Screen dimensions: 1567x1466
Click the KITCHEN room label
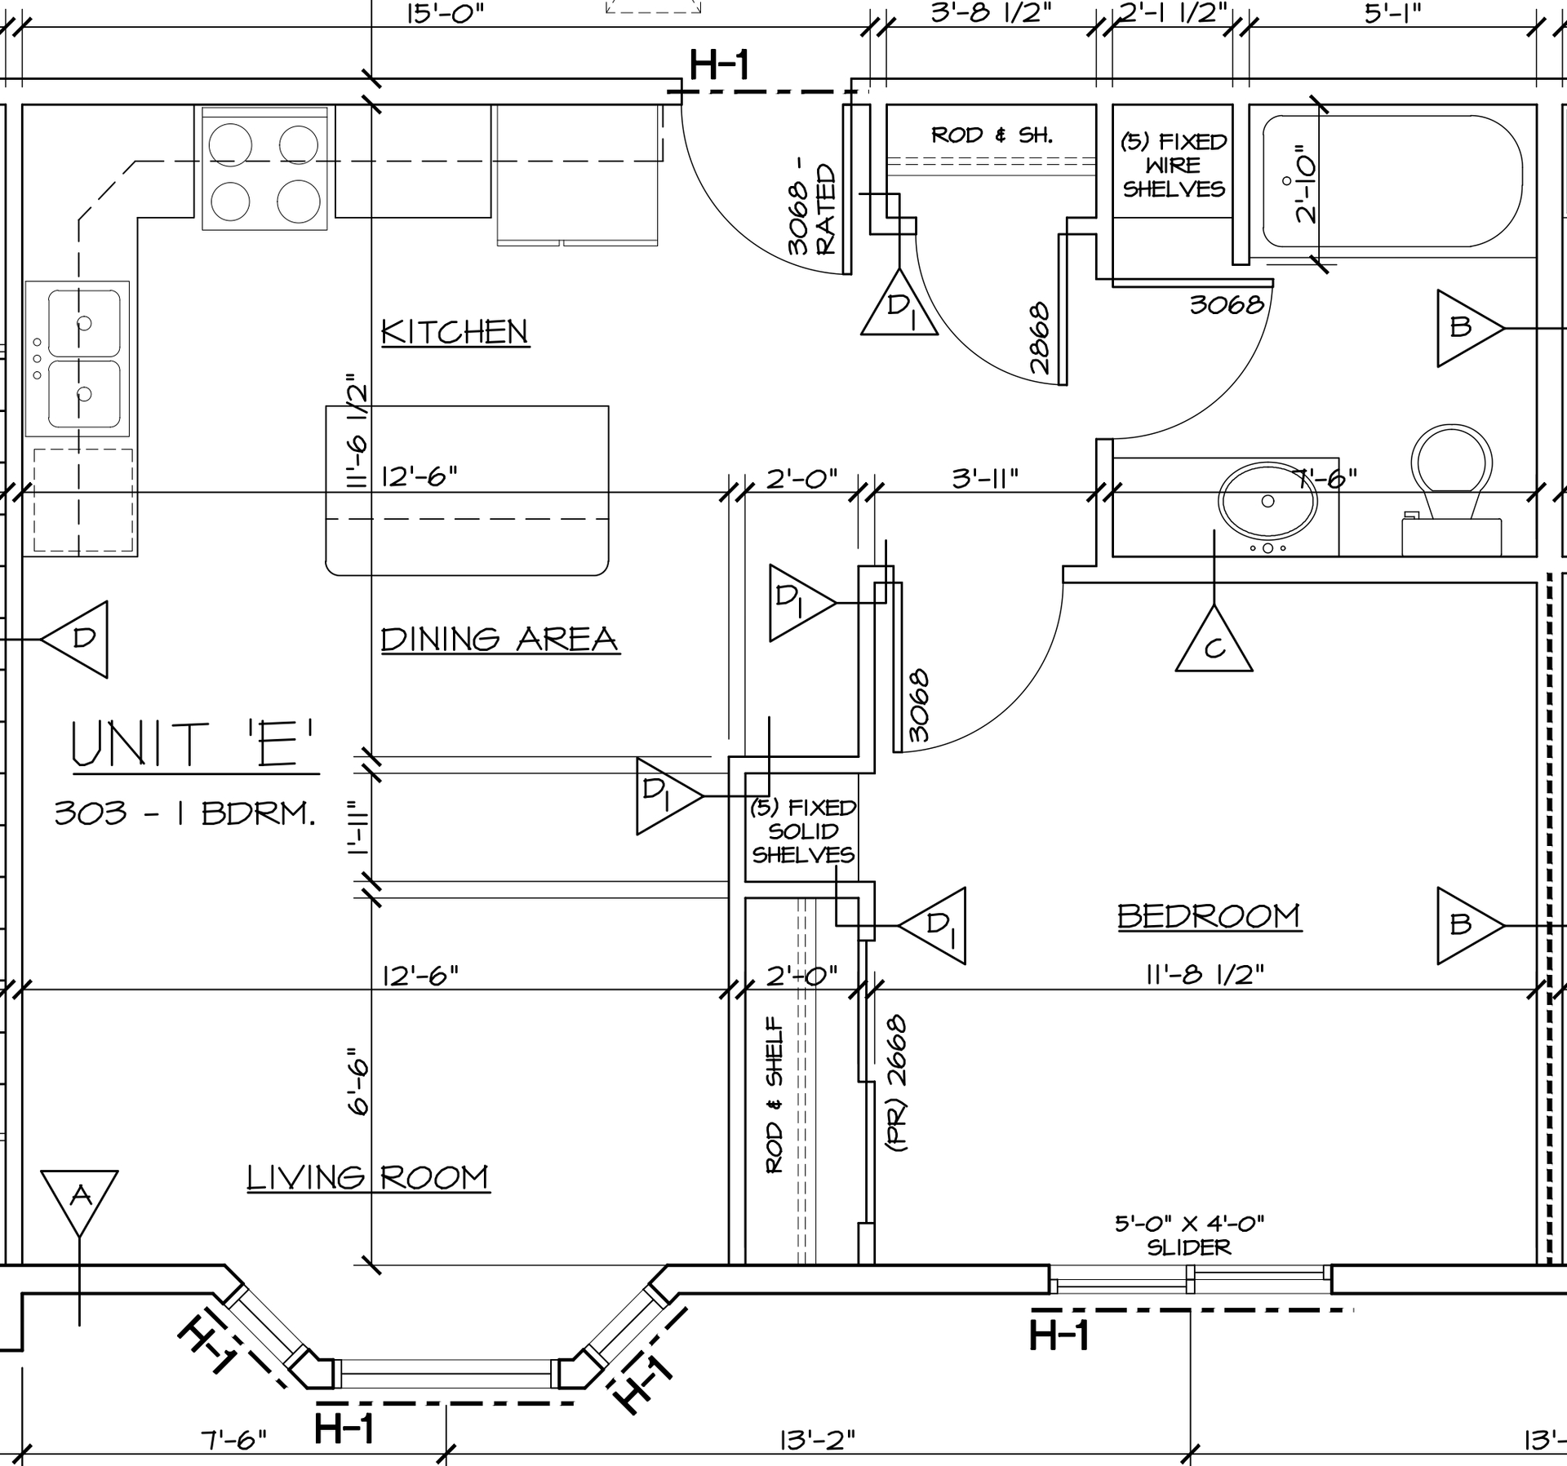tap(455, 332)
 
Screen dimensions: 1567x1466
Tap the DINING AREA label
tap(500, 639)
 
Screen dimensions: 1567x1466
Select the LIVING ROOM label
tap(368, 1177)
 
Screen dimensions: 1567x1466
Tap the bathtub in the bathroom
tap(1392, 181)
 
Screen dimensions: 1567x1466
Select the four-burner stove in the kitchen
tap(265, 167)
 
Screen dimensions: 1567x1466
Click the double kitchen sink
tap(78, 358)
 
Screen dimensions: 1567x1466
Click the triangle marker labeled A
tap(79, 1203)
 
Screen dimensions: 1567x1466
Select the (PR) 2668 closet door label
tap(896, 1083)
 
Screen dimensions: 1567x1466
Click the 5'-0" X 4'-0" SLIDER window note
tap(1189, 1235)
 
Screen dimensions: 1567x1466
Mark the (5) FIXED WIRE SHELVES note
tap(1174, 166)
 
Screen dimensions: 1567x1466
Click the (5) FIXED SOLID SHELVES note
tap(803, 830)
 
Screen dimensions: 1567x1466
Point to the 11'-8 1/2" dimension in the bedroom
tap(1205, 974)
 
